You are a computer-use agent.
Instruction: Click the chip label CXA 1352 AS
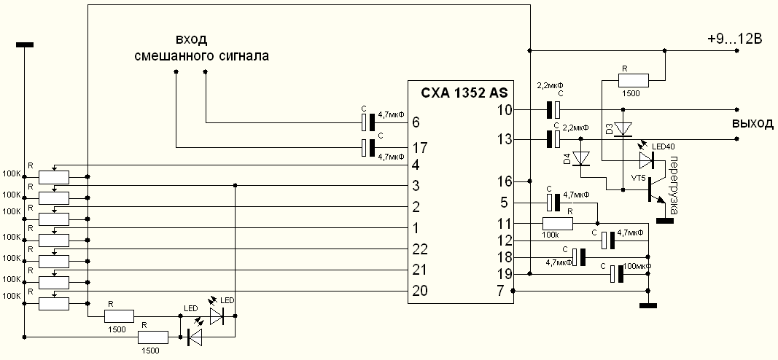(x=464, y=93)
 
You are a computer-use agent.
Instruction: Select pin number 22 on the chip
(x=419, y=249)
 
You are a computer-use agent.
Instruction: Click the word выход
(x=752, y=123)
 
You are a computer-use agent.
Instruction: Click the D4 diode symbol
(x=581, y=157)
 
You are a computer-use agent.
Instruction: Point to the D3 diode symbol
(x=623, y=130)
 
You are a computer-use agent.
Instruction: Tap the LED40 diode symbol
(x=646, y=159)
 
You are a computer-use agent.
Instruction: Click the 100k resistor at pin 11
(x=558, y=223)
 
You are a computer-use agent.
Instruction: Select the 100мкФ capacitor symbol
(x=617, y=274)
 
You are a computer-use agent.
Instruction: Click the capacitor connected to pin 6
(x=369, y=121)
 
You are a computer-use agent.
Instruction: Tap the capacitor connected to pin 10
(x=553, y=109)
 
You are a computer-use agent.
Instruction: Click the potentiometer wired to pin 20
(x=53, y=303)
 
